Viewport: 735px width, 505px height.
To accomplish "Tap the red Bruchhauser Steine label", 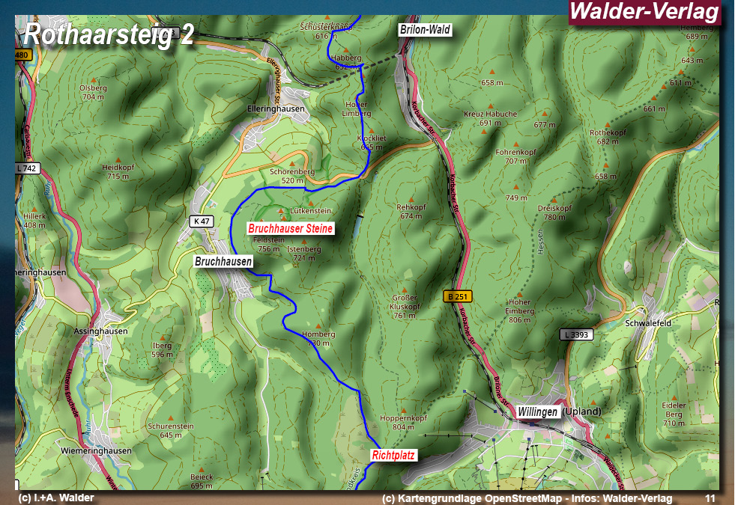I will tap(290, 227).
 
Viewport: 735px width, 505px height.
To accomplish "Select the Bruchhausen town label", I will tap(223, 261).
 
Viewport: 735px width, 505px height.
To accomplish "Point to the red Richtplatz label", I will tap(393, 454).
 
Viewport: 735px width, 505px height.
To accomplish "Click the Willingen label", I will tap(537, 411).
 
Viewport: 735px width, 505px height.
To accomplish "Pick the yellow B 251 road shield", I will tap(458, 296).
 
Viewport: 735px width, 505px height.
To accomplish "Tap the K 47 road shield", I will tap(202, 221).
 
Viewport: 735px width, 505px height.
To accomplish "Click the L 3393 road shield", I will tap(576, 334).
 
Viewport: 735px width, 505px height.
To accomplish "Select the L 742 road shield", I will tap(26, 168).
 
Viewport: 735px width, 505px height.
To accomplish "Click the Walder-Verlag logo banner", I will tap(644, 12).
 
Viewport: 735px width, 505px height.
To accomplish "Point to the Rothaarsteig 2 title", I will tap(109, 34).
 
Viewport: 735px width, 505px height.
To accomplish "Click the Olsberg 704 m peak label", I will tap(93, 92).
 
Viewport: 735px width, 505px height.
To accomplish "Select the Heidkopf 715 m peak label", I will tap(118, 172).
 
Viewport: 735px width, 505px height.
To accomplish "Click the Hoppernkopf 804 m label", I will tap(403, 422).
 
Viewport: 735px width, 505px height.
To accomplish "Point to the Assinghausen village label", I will tap(101, 331).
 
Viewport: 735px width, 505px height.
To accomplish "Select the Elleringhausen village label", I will tap(276, 108).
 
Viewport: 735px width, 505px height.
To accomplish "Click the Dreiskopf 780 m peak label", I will tap(554, 212).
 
